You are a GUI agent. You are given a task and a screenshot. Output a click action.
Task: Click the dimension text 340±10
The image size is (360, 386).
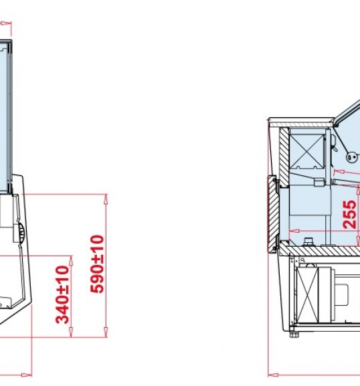62,294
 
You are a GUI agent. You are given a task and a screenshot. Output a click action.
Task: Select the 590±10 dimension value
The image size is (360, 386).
97,264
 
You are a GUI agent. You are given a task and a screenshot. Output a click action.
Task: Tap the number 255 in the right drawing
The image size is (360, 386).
349,215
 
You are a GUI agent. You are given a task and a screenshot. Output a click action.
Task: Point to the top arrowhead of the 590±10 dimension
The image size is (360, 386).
106,199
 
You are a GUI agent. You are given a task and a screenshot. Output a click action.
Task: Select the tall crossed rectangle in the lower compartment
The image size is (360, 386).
308,295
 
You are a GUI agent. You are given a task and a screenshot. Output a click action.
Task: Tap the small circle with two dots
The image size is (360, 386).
351,157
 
